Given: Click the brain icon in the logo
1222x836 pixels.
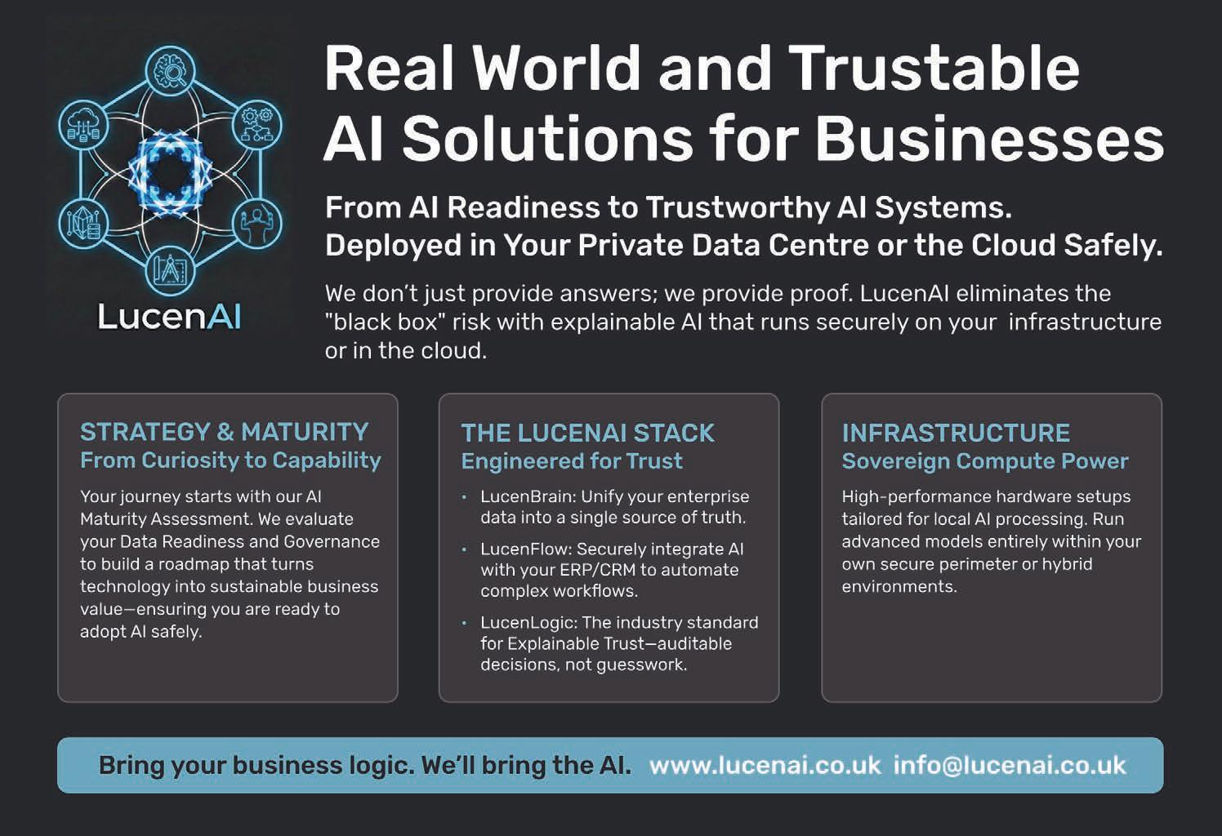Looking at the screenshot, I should pos(171,71).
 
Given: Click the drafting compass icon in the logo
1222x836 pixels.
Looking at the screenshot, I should pos(171,269).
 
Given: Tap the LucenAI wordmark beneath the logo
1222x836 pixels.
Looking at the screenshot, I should pos(169,316).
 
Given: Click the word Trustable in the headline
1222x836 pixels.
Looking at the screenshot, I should pos(934,69).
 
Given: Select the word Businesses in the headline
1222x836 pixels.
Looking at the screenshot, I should pos(988,139).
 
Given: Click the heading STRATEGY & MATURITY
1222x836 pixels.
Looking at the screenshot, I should pos(224,432).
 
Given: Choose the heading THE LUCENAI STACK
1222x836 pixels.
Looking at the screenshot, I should pos(587,433).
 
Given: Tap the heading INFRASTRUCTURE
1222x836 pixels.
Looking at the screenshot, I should pos(956,433).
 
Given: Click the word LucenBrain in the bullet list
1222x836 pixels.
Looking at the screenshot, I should pos(527,496).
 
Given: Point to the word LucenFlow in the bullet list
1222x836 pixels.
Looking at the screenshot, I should pos(524,549).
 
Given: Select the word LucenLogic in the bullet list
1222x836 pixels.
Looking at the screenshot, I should pos(528,623).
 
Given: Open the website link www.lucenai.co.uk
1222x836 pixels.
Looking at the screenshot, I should pos(765,766).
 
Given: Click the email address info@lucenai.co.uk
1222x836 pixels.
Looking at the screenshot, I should pos(1010,766).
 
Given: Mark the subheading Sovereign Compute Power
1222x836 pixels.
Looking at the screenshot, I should pos(984,461).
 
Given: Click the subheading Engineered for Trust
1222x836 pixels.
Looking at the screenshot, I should pos(572,461).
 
